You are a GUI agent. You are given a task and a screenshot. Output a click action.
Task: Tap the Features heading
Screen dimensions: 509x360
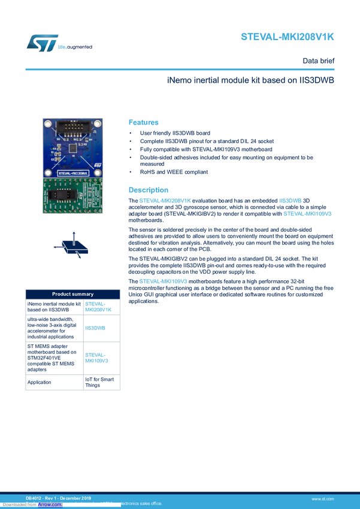tap(144, 121)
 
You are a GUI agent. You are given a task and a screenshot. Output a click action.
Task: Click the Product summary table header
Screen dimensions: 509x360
tap(72, 294)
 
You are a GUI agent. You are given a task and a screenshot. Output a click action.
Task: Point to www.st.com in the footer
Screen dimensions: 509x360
tap(322, 498)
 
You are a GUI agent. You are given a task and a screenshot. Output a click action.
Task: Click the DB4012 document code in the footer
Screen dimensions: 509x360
tap(35, 498)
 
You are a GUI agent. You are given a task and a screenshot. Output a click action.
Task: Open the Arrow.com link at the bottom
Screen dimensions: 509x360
tap(50, 504)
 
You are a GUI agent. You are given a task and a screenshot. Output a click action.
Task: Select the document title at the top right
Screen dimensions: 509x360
tap(288, 37)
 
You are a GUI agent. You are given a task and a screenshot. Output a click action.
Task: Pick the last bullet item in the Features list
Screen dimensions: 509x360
tap(174, 172)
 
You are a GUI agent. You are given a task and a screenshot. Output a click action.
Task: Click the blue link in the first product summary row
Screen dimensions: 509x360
tap(99, 307)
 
